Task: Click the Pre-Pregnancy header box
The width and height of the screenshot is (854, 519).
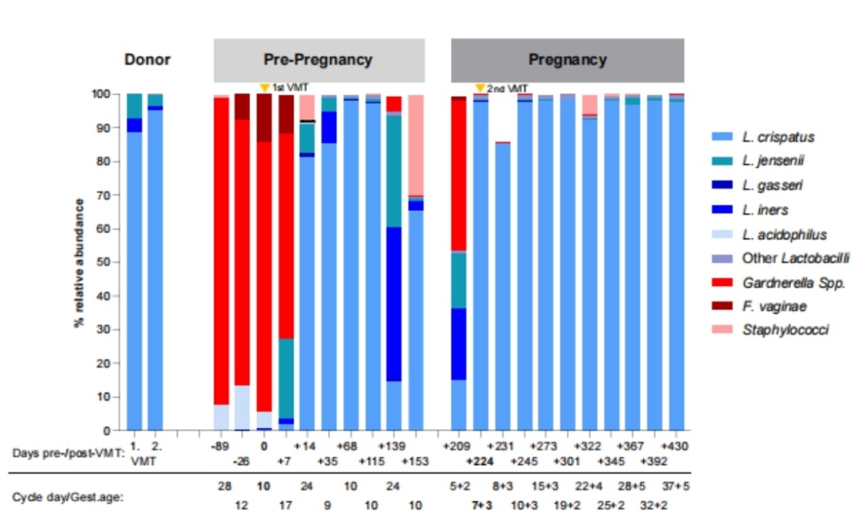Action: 318,60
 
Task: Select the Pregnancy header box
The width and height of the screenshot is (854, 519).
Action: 568,60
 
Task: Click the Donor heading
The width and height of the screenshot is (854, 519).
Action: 147,60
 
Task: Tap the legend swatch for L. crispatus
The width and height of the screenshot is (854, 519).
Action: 721,136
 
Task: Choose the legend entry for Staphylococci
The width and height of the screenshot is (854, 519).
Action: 774,330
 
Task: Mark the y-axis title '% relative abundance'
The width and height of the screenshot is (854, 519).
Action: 78,262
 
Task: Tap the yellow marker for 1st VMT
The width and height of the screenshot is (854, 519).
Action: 264,87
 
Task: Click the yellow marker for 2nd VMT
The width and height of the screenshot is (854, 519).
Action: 479,87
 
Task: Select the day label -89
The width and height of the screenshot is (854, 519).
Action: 221,445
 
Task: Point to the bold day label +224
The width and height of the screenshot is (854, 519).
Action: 480,462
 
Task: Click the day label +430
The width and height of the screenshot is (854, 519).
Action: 677,445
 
